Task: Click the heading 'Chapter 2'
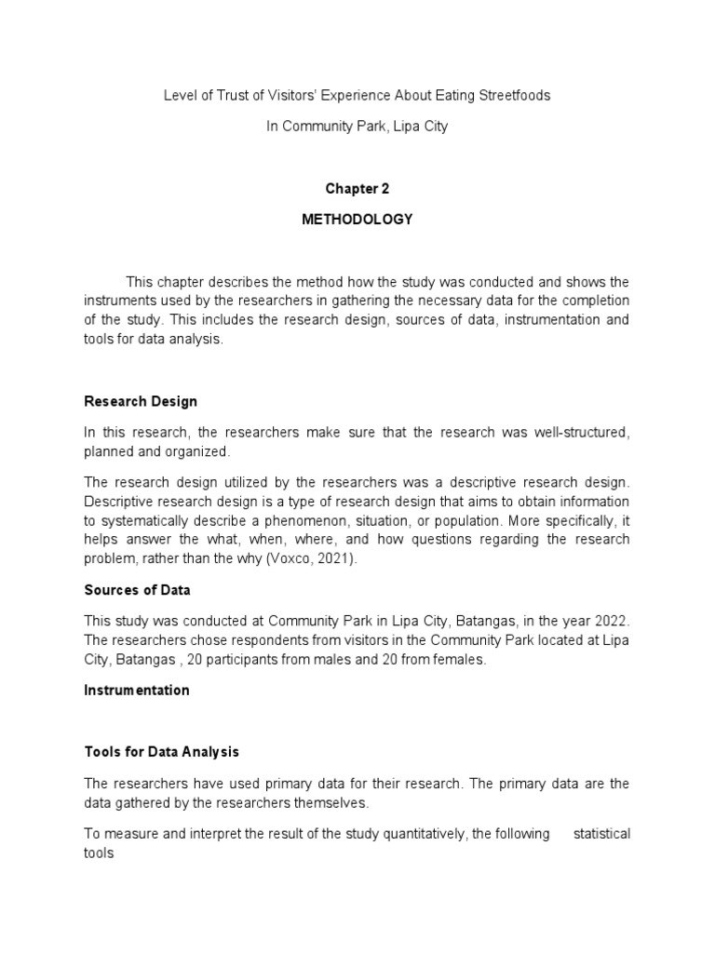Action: [357, 189]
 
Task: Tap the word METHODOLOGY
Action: [357, 220]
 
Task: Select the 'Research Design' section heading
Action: [140, 402]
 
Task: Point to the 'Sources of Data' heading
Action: [137, 590]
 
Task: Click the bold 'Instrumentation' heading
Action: [136, 691]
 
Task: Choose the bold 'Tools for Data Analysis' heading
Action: [161, 752]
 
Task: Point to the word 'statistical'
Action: [601, 834]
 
